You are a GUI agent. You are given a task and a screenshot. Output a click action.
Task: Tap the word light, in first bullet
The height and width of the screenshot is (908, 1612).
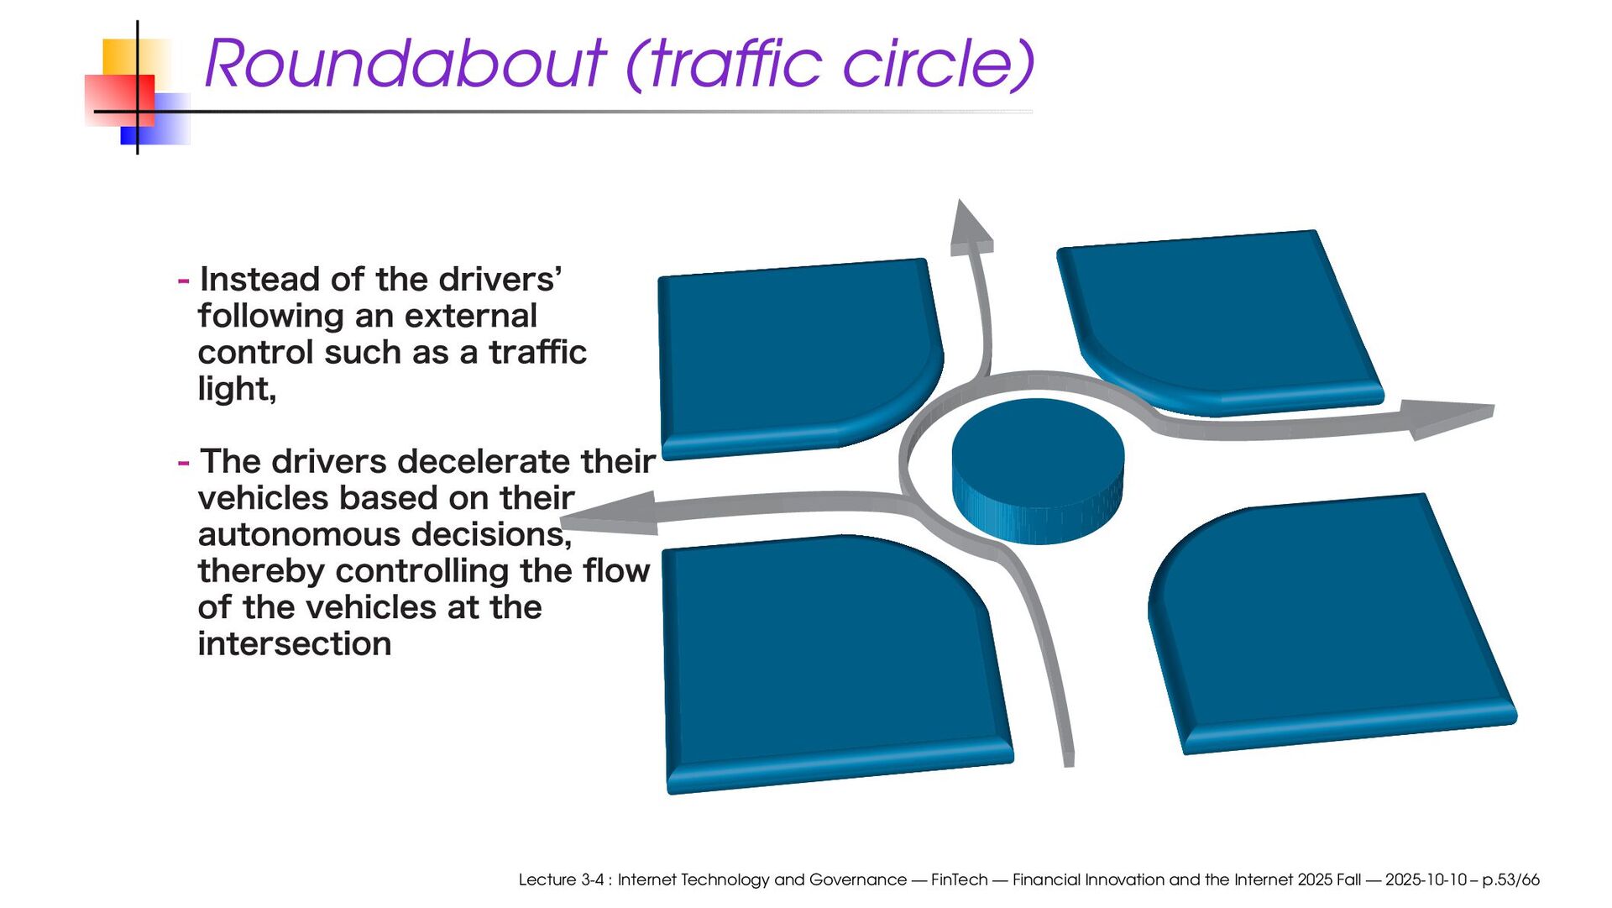click(x=237, y=389)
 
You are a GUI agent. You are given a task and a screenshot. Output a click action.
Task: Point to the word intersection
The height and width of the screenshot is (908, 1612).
click(x=295, y=644)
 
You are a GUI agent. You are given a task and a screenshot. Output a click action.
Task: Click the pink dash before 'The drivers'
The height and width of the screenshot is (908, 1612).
click(x=183, y=463)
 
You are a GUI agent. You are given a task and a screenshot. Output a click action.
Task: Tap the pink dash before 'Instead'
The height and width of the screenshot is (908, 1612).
click(x=183, y=281)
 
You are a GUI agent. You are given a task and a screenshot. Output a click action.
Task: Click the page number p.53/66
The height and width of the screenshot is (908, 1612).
click(x=1510, y=879)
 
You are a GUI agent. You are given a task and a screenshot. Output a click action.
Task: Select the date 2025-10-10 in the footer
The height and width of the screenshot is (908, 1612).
click(x=1425, y=879)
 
